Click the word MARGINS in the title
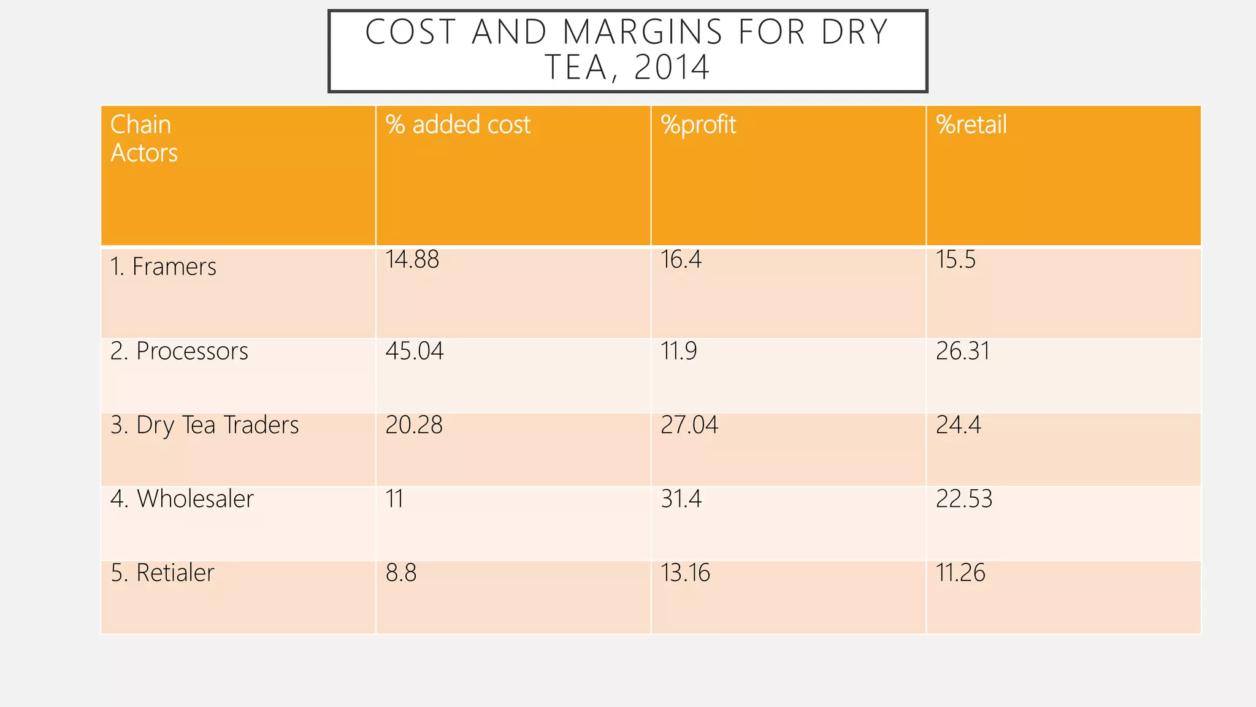(642, 32)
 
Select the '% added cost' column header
(458, 125)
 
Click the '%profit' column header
(698, 125)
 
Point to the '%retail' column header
(971, 125)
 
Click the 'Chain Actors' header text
(144, 139)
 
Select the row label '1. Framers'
(163, 267)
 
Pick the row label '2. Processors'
(179, 351)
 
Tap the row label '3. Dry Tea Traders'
(204, 425)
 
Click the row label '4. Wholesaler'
(182, 499)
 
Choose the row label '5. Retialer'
(163, 573)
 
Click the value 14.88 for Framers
(412, 260)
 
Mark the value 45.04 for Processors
(414, 351)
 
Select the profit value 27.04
(689, 425)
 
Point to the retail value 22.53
(963, 499)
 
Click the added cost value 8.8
(401, 573)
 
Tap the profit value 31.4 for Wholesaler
(681, 499)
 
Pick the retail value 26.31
(962, 351)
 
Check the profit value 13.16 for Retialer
(685, 573)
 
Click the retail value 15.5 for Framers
(955, 260)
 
